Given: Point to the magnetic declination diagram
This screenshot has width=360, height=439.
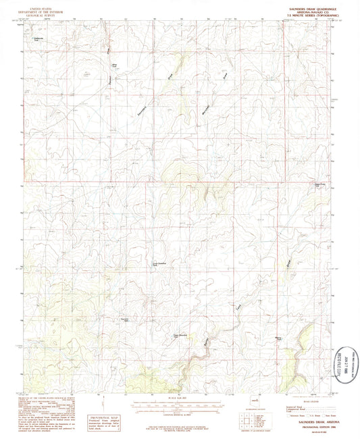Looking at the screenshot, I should coord(132,405).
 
